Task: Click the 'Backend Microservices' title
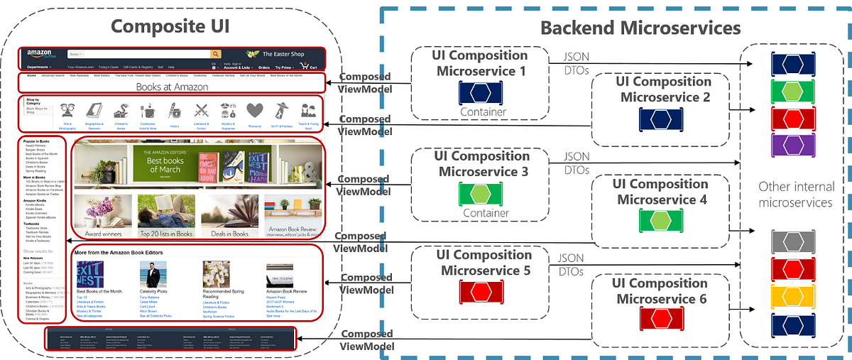[640, 28]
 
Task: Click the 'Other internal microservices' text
[794, 194]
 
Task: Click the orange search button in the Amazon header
[215, 54]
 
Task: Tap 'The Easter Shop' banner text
[285, 54]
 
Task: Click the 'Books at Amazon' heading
[172, 87]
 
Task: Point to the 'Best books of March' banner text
[164, 165]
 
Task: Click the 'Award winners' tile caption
[103, 233]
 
